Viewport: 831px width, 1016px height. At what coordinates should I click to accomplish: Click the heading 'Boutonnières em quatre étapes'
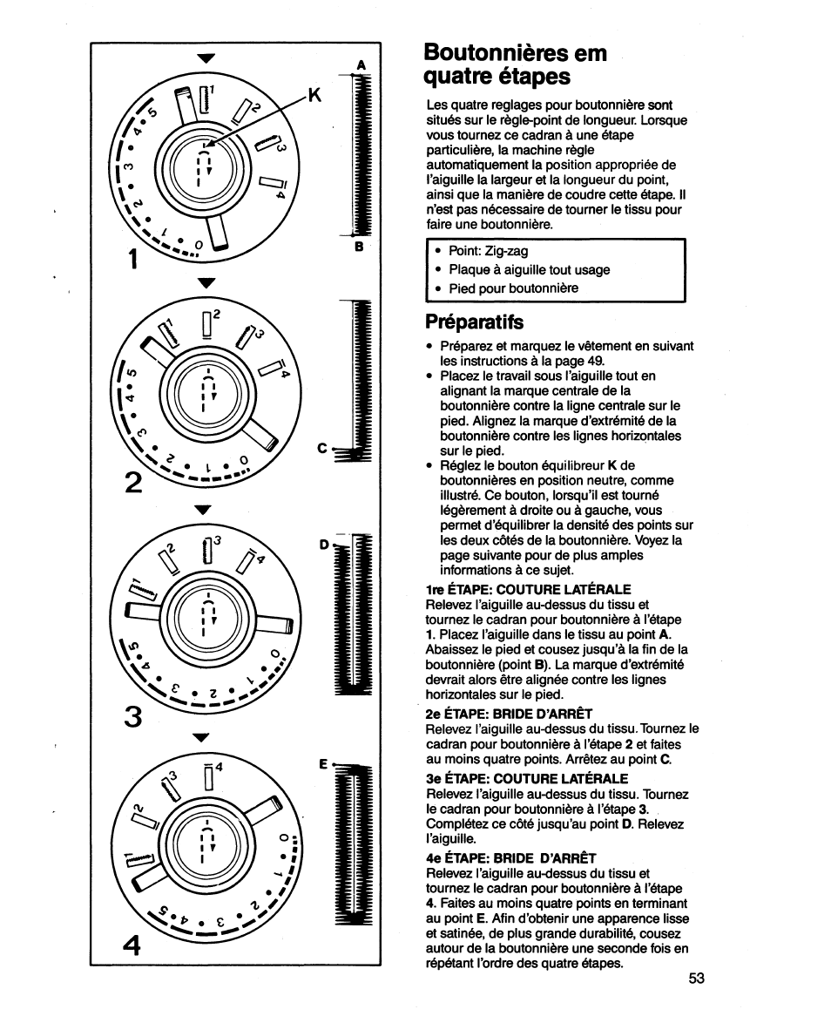click(516, 64)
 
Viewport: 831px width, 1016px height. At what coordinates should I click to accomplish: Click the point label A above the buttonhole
click(360, 65)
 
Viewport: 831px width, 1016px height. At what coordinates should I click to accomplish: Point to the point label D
click(324, 545)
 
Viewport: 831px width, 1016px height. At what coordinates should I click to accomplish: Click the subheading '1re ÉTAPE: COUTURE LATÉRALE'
click(528, 590)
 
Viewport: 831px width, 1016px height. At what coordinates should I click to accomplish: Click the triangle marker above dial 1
click(206, 59)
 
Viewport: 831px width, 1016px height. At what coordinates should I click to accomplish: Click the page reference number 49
click(598, 360)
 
